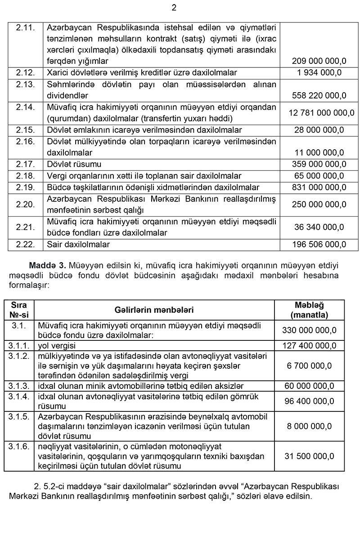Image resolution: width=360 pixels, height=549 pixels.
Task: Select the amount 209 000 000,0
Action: (x=319, y=61)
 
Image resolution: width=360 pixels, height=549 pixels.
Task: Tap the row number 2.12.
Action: (x=25, y=72)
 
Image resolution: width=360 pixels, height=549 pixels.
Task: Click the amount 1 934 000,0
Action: (x=319, y=72)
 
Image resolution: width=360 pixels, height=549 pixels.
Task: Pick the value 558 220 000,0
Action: (x=319, y=95)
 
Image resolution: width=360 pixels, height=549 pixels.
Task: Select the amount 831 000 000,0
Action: (x=319, y=187)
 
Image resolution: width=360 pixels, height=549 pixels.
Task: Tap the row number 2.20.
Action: (x=25, y=205)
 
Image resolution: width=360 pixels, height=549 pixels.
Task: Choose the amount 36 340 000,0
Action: (x=319, y=227)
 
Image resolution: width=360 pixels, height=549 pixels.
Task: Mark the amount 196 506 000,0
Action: (x=319, y=245)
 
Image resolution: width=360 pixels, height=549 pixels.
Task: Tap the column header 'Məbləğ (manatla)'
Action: (x=309, y=310)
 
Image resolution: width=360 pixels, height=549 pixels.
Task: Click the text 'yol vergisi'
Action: (x=57, y=346)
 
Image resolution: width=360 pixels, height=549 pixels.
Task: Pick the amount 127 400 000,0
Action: (x=309, y=346)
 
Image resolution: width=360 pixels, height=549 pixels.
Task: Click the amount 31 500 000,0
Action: (x=309, y=456)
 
